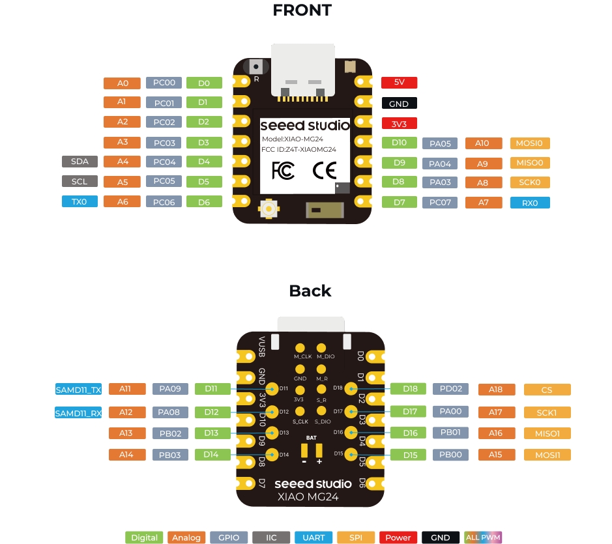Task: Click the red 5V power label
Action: [x=399, y=83]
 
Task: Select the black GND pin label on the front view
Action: [x=399, y=104]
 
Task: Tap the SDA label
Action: [x=80, y=162]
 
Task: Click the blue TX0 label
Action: [x=80, y=202]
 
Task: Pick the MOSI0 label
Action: [x=529, y=143]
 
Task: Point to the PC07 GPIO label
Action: [x=440, y=203]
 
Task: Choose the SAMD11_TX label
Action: [x=78, y=390]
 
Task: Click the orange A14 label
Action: [x=126, y=454]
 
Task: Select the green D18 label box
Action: [x=409, y=389]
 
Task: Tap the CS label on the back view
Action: [x=547, y=390]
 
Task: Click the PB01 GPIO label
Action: [x=450, y=433]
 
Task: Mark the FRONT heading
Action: [x=302, y=10]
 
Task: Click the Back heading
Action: [x=310, y=291]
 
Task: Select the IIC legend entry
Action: [x=270, y=537]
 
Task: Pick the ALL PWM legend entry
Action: [x=482, y=537]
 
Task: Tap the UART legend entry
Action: [x=313, y=537]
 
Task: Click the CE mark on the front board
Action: [x=324, y=171]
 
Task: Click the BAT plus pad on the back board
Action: [x=319, y=451]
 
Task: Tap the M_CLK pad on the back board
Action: [x=300, y=349]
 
